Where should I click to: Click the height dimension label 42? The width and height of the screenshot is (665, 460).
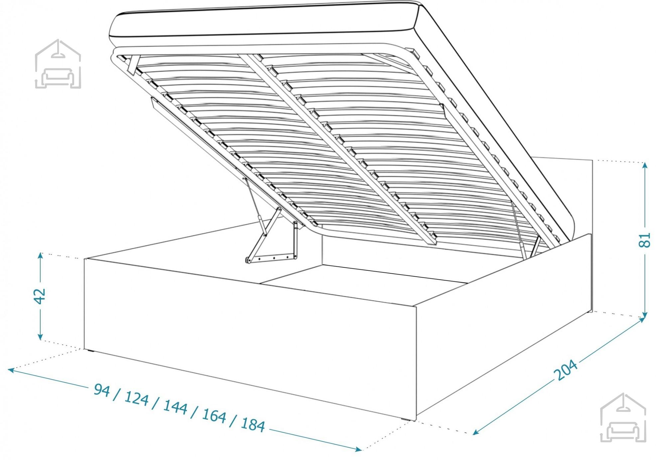pos(40,296)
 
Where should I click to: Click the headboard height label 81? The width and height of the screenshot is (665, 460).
pos(644,240)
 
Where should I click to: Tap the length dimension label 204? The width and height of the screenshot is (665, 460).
pos(566,370)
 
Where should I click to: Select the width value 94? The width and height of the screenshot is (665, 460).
pos(102,390)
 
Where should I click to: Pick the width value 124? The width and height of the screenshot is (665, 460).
pos(136,398)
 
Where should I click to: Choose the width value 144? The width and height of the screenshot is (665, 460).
pos(175,407)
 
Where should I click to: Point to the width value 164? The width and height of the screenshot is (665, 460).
pos(214,415)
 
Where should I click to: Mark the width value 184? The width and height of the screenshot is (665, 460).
pos(253,424)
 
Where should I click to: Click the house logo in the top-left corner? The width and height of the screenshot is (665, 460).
pos(58,64)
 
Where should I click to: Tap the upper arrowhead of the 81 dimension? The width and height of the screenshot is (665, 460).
pos(645,165)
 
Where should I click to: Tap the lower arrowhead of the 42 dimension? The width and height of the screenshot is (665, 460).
pos(40,336)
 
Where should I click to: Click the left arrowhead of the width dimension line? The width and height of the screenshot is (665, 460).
pos(11,370)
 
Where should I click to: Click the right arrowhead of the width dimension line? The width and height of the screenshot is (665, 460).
pos(358,449)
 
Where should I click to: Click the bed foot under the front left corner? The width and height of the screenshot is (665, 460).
pos(89,350)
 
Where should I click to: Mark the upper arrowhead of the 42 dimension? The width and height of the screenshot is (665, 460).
pos(40,256)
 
